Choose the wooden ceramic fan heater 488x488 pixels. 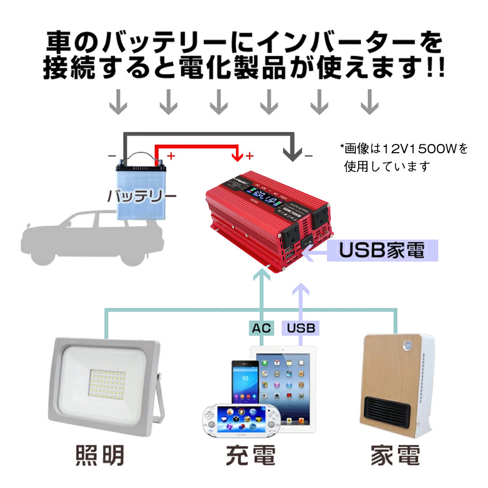(395, 386)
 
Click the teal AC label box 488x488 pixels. (261, 327)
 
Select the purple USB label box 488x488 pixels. (301, 327)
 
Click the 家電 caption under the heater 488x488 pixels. (395, 455)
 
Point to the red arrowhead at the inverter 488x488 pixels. (238, 157)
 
